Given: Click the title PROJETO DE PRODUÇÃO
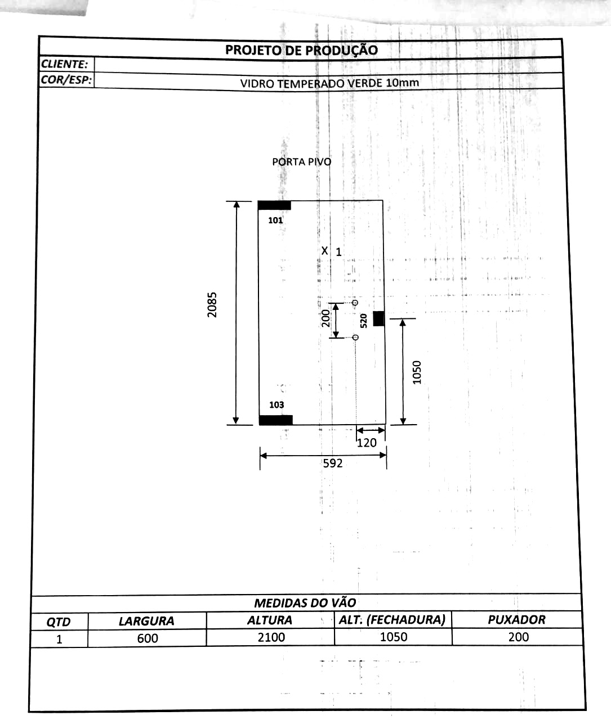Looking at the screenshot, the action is (301, 50).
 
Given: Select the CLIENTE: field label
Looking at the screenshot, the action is (64, 64).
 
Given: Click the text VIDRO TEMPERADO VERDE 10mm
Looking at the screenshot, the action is (329, 83).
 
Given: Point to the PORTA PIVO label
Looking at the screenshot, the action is (302, 161).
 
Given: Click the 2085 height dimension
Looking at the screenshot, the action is (212, 305).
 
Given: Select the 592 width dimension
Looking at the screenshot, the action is (333, 463).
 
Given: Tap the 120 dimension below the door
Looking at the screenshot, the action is (367, 443).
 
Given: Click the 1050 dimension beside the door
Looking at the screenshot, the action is (417, 372).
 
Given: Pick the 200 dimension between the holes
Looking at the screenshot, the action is (325, 318).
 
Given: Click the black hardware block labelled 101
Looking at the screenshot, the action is (274, 205).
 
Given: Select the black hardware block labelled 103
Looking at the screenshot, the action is (275, 420).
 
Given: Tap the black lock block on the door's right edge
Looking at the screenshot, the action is (379, 318).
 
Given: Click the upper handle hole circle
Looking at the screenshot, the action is (355, 303).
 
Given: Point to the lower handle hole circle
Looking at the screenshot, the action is (355, 337).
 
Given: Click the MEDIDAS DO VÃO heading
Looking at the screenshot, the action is (305, 602).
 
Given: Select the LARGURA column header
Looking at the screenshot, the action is (146, 621).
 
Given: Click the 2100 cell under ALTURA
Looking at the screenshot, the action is (271, 637).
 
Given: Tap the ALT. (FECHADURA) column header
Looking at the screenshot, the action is (393, 619).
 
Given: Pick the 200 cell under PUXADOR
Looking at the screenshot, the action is (519, 637).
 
